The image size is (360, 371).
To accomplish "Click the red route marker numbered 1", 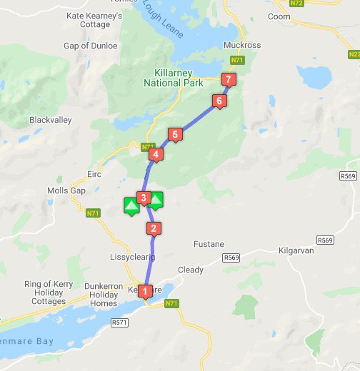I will click(146, 291).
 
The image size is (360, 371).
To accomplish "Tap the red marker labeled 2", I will click(152, 229).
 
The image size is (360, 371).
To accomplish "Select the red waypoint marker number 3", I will click(144, 198).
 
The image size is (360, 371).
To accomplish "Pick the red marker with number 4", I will click(155, 153).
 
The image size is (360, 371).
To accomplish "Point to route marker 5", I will click(173, 134).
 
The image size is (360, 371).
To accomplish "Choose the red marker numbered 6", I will click(219, 101).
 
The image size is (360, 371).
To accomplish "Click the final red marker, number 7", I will click(228, 79).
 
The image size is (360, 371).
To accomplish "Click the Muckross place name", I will click(241, 45).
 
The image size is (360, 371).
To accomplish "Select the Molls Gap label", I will click(66, 190).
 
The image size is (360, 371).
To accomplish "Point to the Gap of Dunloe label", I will click(90, 46).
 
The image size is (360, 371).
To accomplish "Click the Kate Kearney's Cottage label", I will click(88, 19).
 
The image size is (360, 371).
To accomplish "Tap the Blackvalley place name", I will click(51, 121).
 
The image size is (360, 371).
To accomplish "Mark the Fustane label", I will click(209, 244).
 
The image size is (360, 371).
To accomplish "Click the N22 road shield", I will click(354, 54).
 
